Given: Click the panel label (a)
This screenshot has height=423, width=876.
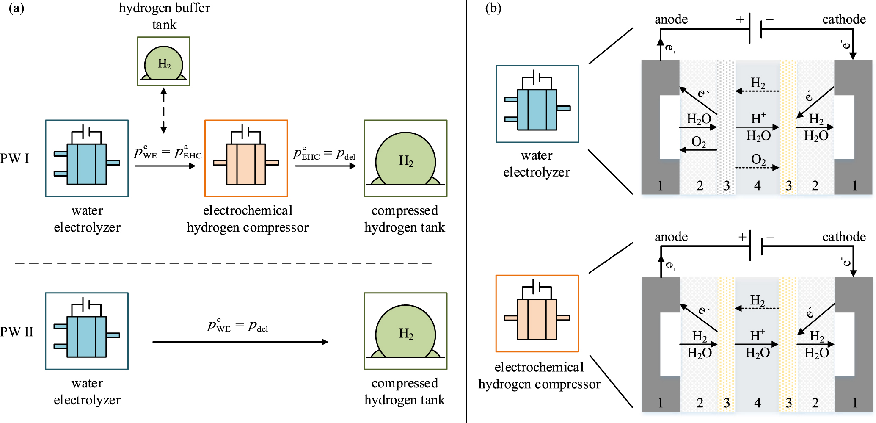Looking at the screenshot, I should tap(17, 8).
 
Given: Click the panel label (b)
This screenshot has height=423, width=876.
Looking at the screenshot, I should tap(493, 8).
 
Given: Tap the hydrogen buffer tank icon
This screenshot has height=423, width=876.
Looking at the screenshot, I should tap(163, 62).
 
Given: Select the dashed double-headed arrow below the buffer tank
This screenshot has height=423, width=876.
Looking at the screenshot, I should tap(163, 111).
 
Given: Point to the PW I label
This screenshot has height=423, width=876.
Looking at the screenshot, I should tap(15, 158).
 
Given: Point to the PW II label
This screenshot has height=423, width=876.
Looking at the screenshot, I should tap(17, 332).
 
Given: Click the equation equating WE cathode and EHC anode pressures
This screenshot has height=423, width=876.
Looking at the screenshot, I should tap(168, 152).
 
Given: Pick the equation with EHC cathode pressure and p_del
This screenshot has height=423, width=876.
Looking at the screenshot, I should tap(324, 153).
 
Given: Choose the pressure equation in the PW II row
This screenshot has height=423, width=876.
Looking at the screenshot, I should tap(237, 325).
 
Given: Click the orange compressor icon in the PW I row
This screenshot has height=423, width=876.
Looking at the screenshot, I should tap(246, 159).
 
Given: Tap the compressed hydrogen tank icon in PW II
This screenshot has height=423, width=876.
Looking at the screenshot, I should tap(405, 331).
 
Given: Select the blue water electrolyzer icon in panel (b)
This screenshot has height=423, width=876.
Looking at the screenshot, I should tap(537, 104).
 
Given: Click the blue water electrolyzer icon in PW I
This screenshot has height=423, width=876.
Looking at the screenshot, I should tap(87, 159).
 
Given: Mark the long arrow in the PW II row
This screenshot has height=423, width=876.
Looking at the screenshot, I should tap(240, 342).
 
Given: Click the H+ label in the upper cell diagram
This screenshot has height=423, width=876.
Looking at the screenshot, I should tap(758, 119).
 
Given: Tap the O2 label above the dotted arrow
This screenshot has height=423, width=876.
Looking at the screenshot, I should tap(758, 160).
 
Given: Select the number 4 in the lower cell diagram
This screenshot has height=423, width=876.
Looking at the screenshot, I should tap(758, 403).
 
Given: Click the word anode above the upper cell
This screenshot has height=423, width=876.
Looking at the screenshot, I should tap(671, 19).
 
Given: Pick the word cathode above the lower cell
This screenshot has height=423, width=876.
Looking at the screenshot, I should tap(844, 237).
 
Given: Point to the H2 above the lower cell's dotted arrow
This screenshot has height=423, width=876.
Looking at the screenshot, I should tap(758, 301).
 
